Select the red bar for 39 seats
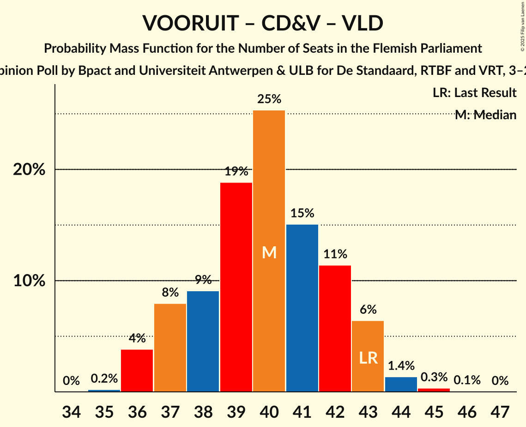[x=236, y=287]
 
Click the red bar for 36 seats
[x=137, y=370]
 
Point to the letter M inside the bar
[x=269, y=252]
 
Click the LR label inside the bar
[x=368, y=357]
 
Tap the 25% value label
[x=269, y=99]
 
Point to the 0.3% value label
[x=434, y=377]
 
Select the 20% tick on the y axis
[x=29, y=170]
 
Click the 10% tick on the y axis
[x=29, y=281]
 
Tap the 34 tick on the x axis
[x=71, y=410]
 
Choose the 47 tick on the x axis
[x=500, y=410]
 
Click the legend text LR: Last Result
[x=474, y=93]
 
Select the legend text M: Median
[x=485, y=115]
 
